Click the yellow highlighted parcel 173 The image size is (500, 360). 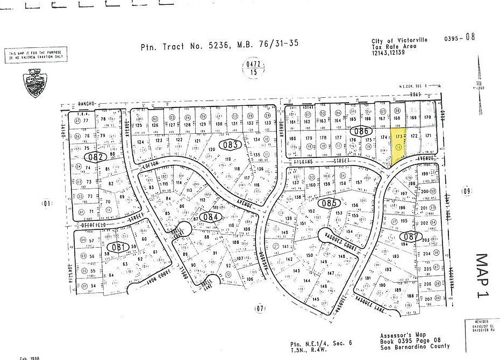tap(397, 143)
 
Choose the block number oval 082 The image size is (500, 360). tap(96, 157)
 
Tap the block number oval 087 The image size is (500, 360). tap(410, 236)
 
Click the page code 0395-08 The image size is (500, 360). tap(460, 38)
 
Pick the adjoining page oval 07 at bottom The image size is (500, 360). tap(261, 308)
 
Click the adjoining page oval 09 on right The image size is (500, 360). tap(466, 190)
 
